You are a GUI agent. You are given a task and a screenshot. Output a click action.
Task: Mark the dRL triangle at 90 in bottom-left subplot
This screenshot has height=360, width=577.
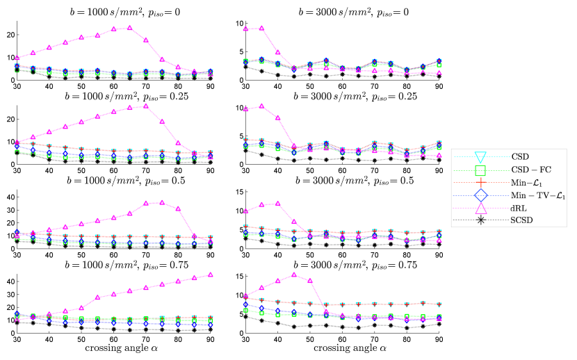(x=210, y=275)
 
